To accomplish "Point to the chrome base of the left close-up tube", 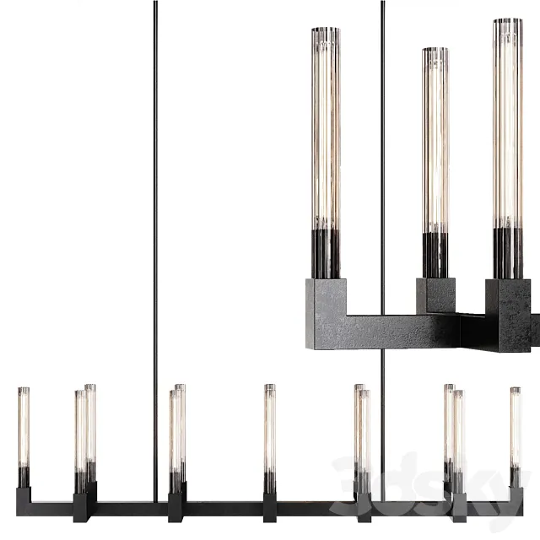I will [x=325, y=253].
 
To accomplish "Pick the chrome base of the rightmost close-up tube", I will [x=507, y=253].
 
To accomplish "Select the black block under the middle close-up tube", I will [x=435, y=295].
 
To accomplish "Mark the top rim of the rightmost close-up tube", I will [x=507, y=21].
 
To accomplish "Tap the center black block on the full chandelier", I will [x=270, y=506].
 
